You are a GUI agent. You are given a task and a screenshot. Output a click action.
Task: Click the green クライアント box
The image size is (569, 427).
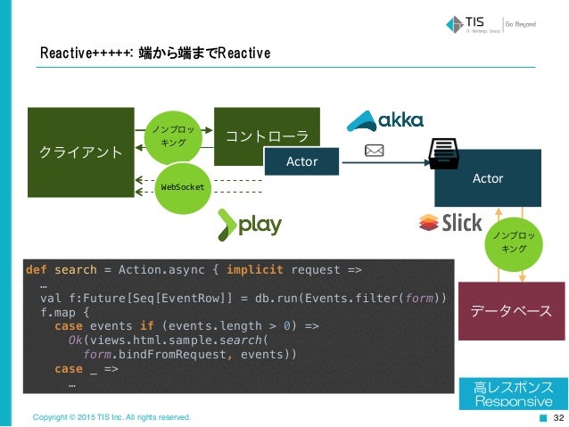point(80,150)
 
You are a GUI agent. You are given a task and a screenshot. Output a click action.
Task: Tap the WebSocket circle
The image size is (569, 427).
point(182,187)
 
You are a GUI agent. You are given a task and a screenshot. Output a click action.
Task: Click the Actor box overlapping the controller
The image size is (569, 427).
point(303,162)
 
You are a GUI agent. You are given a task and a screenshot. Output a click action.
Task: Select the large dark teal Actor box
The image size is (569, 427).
point(487,178)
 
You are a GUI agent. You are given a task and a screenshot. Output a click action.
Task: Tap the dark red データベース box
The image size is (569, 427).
point(511,311)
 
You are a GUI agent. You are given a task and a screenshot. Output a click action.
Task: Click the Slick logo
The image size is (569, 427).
point(450,223)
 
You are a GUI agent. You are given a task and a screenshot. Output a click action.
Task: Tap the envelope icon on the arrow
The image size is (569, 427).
point(375,151)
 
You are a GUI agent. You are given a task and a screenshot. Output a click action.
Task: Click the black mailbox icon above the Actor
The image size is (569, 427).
point(443,152)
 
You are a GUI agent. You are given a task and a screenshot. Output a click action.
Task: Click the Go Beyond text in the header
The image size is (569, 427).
point(521,24)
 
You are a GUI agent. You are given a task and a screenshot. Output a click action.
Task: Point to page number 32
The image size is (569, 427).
point(559,417)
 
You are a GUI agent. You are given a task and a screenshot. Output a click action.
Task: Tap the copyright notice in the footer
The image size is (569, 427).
point(111,417)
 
